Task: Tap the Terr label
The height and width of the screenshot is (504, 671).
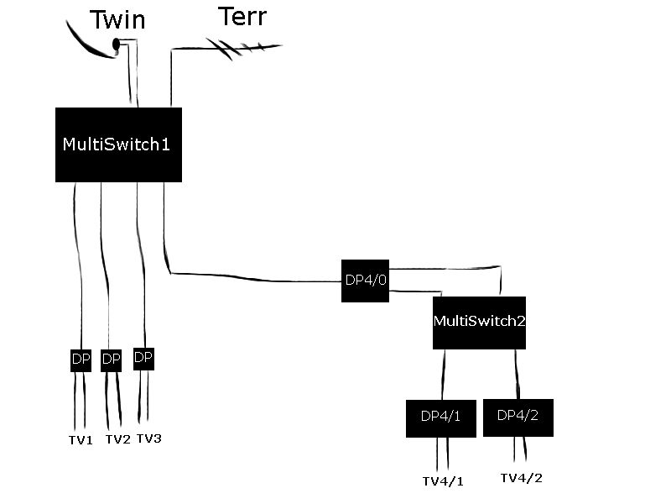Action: coord(242,17)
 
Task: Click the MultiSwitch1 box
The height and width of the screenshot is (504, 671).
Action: coord(118,144)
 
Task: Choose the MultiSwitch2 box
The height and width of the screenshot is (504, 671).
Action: coord(479,323)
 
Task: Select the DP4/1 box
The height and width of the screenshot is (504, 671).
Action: coord(440,417)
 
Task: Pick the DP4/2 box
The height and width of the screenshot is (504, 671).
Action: coord(518,417)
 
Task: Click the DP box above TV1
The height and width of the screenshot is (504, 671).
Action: coord(81,360)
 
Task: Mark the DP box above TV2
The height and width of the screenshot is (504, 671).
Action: coord(111,360)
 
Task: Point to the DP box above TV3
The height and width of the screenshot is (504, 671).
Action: coord(143,359)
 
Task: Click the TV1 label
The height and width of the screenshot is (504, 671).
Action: coord(81,440)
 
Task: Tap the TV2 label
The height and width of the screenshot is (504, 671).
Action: coord(117,439)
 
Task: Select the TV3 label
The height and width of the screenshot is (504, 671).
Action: coord(148,438)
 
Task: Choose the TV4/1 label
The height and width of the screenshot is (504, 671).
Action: coord(442,481)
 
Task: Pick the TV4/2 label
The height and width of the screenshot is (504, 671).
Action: coord(521,478)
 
